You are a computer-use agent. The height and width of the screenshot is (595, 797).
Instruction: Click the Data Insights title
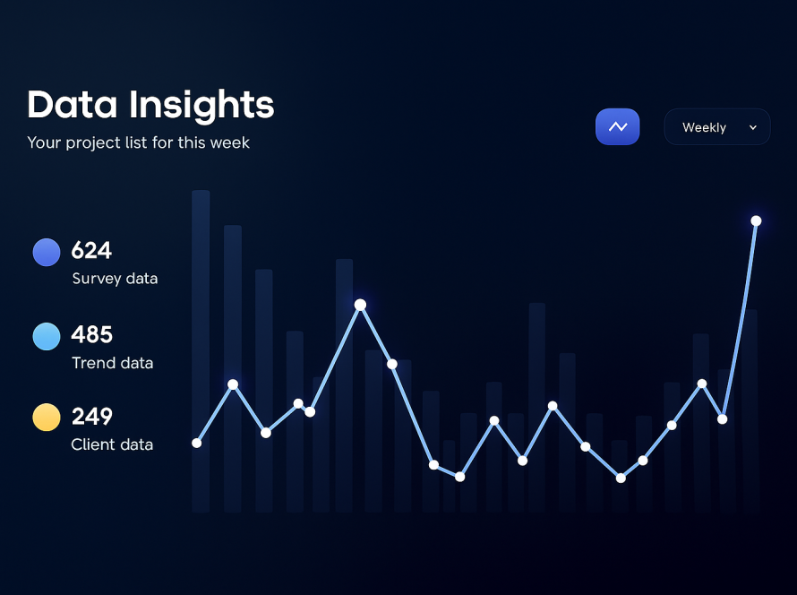tap(150, 105)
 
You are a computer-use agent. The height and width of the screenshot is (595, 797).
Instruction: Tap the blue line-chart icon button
tap(618, 126)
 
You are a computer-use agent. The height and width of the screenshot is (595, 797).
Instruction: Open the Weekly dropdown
tap(717, 126)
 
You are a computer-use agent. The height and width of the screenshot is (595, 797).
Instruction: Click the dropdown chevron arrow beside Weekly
tap(753, 127)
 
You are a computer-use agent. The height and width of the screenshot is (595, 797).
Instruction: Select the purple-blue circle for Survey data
tap(47, 252)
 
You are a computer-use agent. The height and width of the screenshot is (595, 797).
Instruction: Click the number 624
tap(91, 250)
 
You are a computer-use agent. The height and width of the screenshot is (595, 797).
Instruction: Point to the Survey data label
tap(115, 279)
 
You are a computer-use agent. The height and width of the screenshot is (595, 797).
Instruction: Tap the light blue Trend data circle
tap(47, 336)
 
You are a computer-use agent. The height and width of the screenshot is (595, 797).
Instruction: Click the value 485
tap(92, 334)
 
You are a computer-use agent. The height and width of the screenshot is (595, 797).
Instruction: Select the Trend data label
tap(112, 363)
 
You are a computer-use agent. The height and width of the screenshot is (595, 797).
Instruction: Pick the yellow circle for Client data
tap(47, 417)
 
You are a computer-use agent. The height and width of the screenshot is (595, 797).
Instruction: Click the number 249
tap(92, 417)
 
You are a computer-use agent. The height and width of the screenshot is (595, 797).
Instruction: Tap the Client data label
tap(112, 444)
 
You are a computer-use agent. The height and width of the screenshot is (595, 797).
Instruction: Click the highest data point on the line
tap(757, 220)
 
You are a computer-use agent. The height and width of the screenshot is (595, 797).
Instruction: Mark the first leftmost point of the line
tap(197, 443)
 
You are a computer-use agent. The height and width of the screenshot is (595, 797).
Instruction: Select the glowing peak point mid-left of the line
tap(360, 305)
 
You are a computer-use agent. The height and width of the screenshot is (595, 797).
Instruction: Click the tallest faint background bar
tap(201, 351)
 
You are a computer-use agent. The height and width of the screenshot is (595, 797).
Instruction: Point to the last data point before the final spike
tap(723, 419)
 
